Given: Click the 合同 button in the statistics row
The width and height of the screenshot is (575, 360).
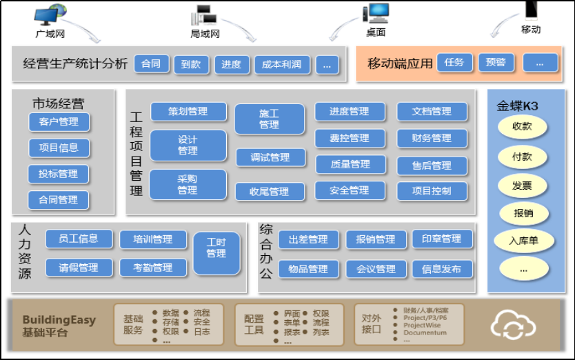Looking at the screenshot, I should pyautogui.click(x=151, y=64).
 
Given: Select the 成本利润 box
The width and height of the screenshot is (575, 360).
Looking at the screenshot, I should pyautogui.click(x=282, y=65).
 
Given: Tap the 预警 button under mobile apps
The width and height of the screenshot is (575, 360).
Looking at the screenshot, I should pyautogui.click(x=496, y=63).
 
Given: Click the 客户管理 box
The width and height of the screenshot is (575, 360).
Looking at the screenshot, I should pyautogui.click(x=59, y=122).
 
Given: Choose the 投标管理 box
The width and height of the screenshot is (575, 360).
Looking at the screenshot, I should pyautogui.click(x=59, y=174).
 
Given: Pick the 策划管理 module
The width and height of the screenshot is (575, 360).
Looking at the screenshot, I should pyautogui.click(x=188, y=111).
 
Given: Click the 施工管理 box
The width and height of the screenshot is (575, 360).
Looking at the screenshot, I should pyautogui.click(x=269, y=119).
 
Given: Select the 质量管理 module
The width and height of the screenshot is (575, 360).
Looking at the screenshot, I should pyautogui.click(x=350, y=165).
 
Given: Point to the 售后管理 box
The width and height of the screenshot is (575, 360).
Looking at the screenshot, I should pyautogui.click(x=432, y=166).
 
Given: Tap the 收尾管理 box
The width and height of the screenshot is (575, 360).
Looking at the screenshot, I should pyautogui.click(x=269, y=192).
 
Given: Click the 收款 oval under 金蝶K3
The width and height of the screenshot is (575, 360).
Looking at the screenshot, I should pyautogui.click(x=522, y=127).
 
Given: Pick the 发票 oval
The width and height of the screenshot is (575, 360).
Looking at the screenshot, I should pyautogui.click(x=522, y=186).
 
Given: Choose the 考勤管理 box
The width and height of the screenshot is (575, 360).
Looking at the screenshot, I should pyautogui.click(x=153, y=268).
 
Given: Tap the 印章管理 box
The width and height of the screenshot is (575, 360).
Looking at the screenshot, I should pyautogui.click(x=441, y=239).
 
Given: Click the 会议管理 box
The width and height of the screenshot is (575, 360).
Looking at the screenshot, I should pyautogui.click(x=376, y=269).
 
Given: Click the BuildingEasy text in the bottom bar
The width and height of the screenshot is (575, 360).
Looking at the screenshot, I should pyautogui.click(x=59, y=320).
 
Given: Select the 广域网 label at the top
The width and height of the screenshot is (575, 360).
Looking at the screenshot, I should pyautogui.click(x=50, y=33).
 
